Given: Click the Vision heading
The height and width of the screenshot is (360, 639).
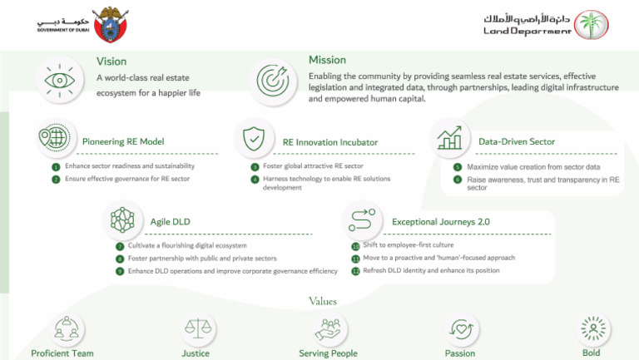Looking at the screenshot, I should point(111,62).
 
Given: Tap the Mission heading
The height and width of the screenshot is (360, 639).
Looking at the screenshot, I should point(327,60).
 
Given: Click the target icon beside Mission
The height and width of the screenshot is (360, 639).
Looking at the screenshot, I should point(273,80).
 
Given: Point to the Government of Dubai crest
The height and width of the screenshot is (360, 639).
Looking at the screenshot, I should point(110,24).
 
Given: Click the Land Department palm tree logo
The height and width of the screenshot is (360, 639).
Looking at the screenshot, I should point(592,25).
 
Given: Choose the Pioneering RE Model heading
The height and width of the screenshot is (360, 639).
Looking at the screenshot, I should point(123,142).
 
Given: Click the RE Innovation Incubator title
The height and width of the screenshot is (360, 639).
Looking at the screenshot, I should point(330,142).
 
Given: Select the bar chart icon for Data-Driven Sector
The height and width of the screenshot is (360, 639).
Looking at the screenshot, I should point(450,138).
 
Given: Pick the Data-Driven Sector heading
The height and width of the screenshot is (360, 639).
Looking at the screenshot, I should point(517,142).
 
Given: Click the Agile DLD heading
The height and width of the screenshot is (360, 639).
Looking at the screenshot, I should point(171,222).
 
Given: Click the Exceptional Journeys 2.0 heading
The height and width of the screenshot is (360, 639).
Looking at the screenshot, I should point(441,222).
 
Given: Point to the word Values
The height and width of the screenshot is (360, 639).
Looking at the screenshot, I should point(322,301).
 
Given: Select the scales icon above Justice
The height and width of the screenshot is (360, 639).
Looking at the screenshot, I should point(196,329).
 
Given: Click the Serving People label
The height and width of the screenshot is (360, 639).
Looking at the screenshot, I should point(328,353).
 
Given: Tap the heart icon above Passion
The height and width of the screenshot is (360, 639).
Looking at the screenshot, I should point(460,329).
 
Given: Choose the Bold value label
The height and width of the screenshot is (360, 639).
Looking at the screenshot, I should point(591,353).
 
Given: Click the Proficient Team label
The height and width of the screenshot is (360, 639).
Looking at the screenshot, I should point(62,353).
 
